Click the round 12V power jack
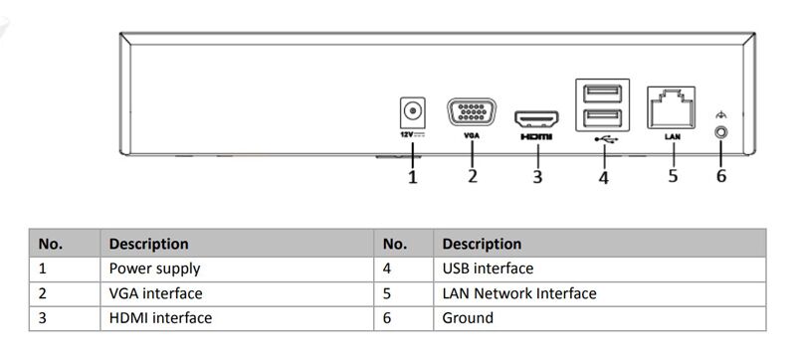coord(409,109)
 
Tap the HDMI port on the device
coord(536,119)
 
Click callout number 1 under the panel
coord(412,178)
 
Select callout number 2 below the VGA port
coord(473,176)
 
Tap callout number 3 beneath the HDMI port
coord(537,177)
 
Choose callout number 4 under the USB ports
coord(603,178)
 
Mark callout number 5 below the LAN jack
coord(673,176)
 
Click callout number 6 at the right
coord(721,176)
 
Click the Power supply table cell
coord(154,269)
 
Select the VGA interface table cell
coord(155,293)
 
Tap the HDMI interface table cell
coord(159,319)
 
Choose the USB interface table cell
coord(488,269)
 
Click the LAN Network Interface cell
coord(518,293)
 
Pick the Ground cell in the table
coord(468,319)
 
